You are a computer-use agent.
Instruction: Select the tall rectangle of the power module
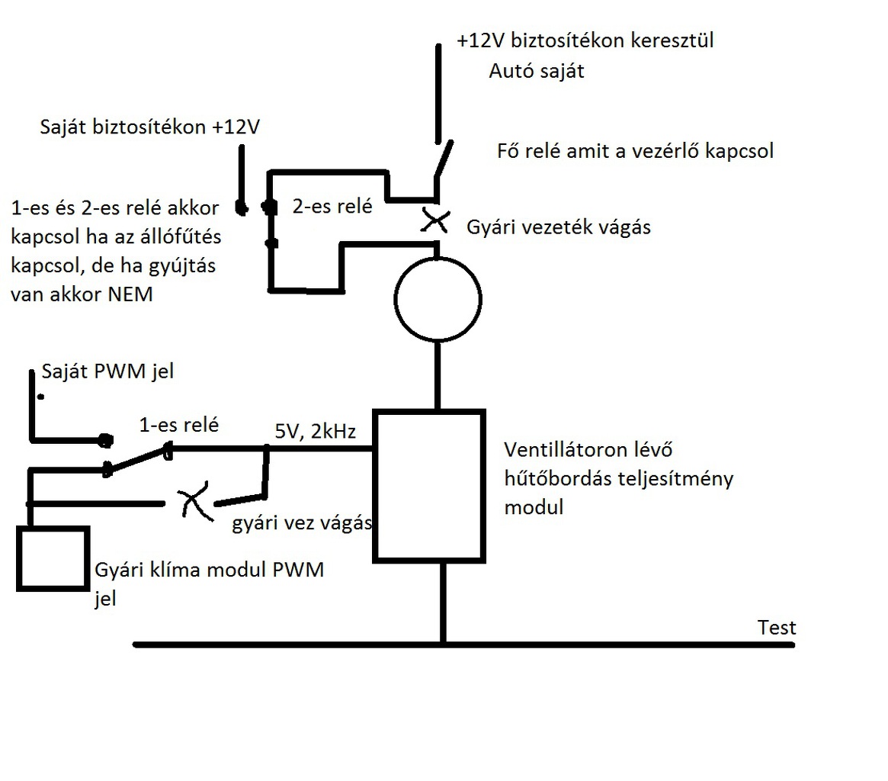[x=428, y=486]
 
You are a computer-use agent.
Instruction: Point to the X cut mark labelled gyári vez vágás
[x=191, y=504]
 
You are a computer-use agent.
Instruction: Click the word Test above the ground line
[x=777, y=628]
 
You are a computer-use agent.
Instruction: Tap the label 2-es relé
[x=332, y=205]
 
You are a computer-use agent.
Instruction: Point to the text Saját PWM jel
[x=108, y=372]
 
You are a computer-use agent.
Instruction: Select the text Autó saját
[x=535, y=72]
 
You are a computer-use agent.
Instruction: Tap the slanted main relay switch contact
[x=444, y=159]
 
